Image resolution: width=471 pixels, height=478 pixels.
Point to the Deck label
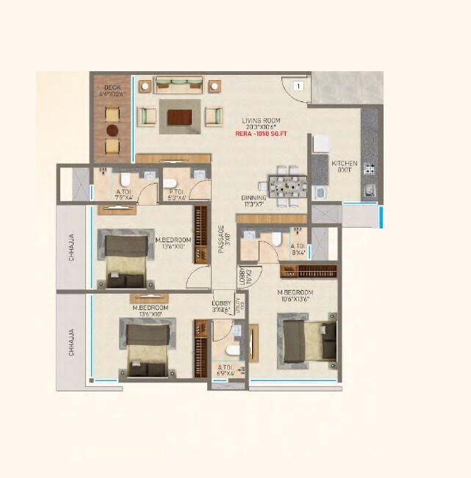tap(112, 90)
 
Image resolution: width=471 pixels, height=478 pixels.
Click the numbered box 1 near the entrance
tap(298, 86)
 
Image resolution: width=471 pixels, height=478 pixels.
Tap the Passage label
tap(220, 239)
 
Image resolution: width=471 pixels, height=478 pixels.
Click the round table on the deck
tap(112, 130)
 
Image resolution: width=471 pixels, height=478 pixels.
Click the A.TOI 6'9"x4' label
tap(226, 369)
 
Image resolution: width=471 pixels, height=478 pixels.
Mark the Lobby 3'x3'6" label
tap(221, 307)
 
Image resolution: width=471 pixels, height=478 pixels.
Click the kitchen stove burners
tap(369, 170)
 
